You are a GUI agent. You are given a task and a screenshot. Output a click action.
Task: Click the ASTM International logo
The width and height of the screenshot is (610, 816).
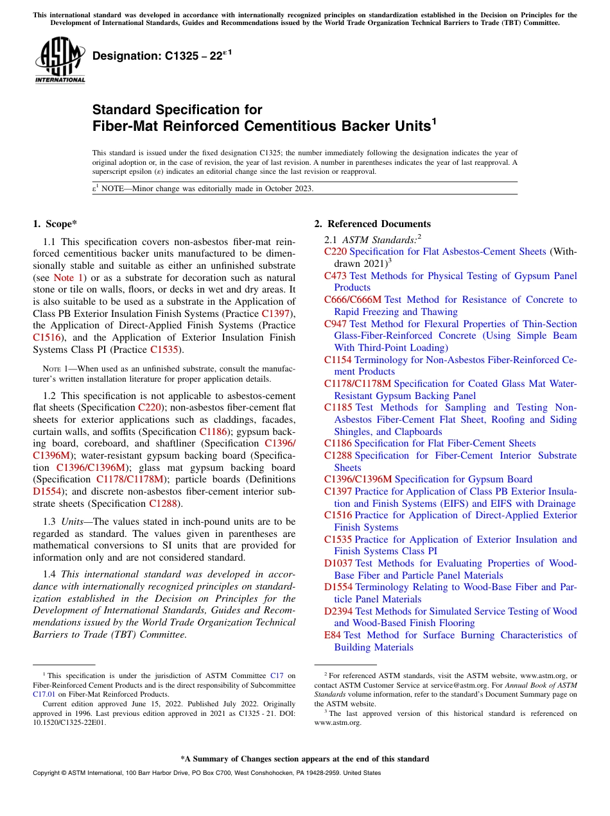click(60, 60)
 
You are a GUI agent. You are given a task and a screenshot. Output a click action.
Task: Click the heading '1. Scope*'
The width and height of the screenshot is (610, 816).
click(55, 224)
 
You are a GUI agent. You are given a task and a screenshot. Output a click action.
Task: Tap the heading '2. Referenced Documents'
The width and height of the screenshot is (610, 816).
click(372, 224)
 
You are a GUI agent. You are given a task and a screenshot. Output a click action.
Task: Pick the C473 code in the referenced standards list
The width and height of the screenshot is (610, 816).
click(335, 276)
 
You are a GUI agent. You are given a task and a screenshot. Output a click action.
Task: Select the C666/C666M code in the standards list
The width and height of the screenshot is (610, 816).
click(353, 300)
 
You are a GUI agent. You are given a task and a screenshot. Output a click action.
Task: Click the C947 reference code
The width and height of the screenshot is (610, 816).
click(335, 324)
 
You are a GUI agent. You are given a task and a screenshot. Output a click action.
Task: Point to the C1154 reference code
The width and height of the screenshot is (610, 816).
click(338, 360)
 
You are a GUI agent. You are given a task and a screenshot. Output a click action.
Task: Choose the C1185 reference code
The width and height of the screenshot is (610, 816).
click(338, 407)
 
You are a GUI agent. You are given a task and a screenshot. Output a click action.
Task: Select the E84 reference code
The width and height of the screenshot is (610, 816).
click(333, 635)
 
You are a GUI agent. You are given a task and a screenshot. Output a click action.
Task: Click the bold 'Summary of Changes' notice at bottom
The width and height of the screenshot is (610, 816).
click(304, 759)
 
